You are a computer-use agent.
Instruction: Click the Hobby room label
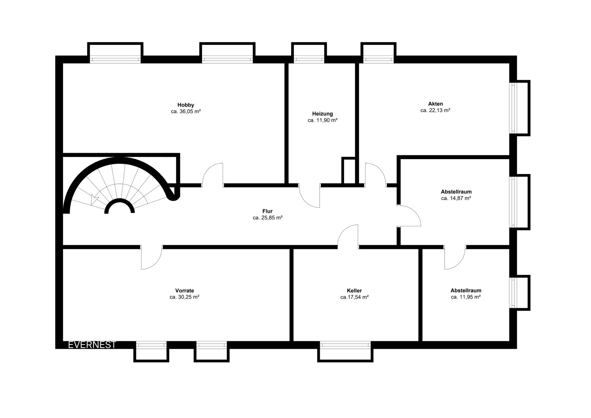186,105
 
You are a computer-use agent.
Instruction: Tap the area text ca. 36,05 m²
186,111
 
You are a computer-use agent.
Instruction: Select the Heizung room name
322,114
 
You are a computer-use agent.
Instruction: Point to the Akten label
435,104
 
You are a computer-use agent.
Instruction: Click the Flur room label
267,211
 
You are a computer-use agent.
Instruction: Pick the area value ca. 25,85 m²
267,218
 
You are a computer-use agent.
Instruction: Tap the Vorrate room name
184,291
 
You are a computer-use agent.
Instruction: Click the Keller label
354,291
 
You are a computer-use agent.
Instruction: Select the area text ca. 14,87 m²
456,198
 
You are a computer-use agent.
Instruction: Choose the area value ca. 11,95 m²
466,297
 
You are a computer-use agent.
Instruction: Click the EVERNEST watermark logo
92,345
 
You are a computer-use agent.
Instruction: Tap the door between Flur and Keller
348,236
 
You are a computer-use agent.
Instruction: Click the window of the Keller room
345,345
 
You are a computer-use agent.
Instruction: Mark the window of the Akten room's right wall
513,108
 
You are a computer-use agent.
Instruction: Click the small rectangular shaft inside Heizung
348,171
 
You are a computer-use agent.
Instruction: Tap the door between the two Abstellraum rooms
455,258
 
